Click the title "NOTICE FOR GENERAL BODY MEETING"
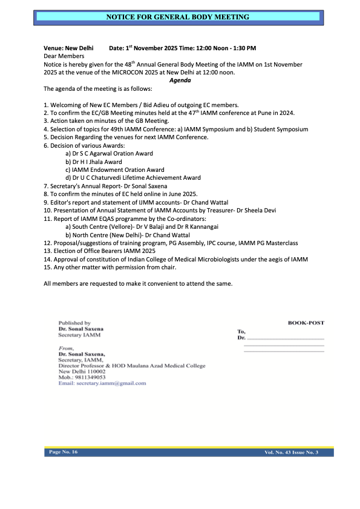[x=178, y=17]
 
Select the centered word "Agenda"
[x=180, y=80]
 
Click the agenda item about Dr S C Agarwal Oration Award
[x=109, y=154]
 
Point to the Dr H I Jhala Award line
[x=93, y=162]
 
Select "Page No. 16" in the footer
[x=62, y=452]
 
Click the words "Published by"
[x=74, y=323]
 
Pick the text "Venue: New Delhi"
[x=68, y=47]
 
